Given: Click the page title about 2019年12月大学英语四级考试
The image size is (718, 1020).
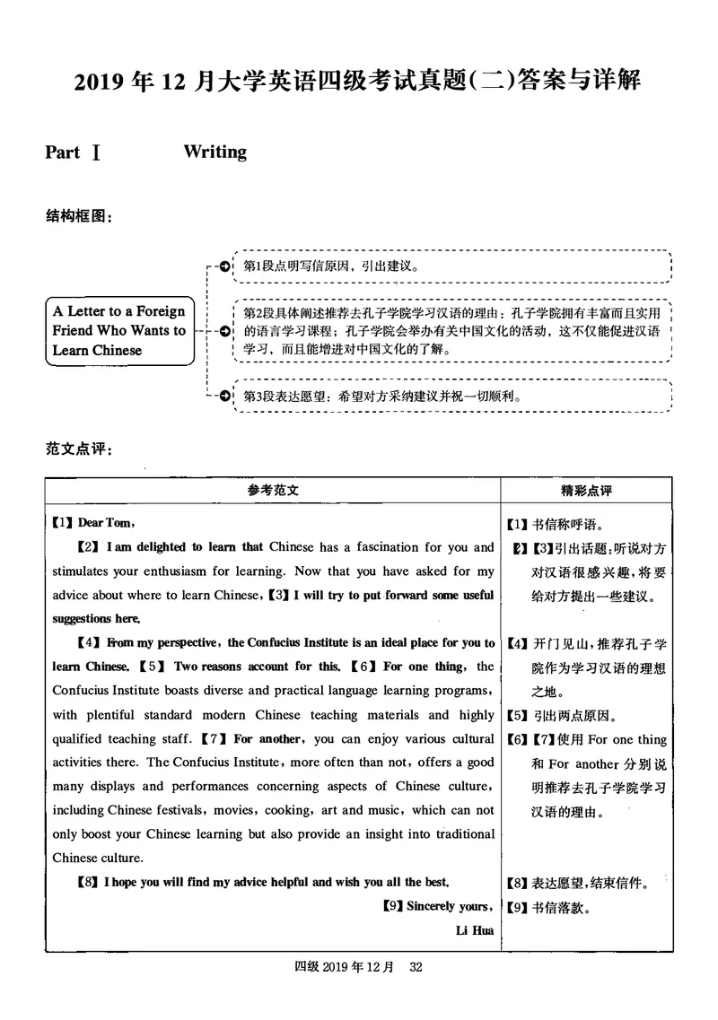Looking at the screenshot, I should (x=358, y=81).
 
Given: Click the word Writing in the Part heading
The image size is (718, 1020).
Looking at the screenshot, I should (x=215, y=152).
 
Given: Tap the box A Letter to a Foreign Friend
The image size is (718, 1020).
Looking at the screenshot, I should (x=119, y=331).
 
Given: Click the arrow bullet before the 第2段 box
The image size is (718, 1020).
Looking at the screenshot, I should (x=222, y=331).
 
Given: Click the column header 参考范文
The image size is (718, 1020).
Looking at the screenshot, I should (x=273, y=491).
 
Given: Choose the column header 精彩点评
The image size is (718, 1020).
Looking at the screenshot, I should (x=586, y=491).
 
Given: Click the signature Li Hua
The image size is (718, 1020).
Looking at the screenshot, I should (x=475, y=930).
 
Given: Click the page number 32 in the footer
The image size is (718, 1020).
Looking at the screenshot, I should (x=416, y=967).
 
